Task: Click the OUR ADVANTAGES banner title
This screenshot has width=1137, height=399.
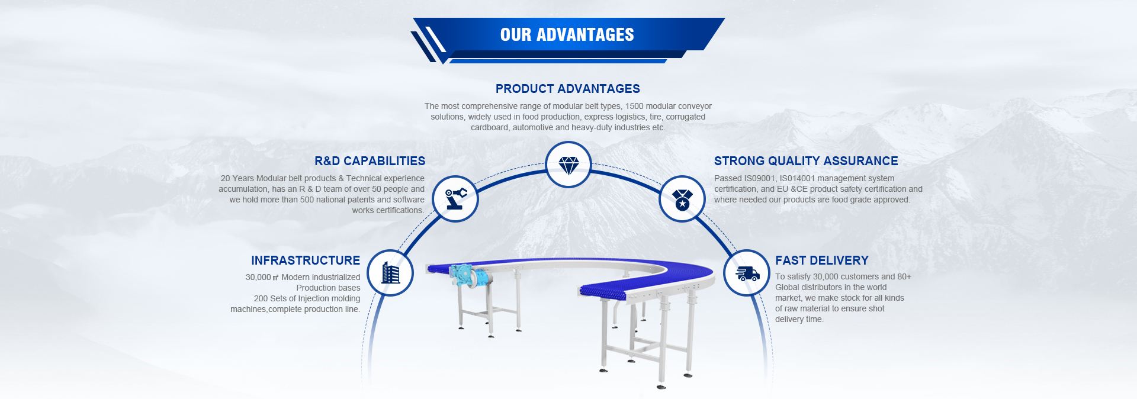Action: tap(567, 35)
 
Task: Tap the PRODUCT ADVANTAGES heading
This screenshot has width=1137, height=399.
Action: tap(568, 89)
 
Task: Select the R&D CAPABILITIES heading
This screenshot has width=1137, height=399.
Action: tap(370, 161)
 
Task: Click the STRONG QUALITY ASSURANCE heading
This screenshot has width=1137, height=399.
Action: tap(806, 161)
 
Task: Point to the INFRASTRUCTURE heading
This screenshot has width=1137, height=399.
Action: tap(306, 260)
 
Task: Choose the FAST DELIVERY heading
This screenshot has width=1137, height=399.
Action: tap(822, 260)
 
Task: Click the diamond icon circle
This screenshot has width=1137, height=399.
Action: tap(568, 165)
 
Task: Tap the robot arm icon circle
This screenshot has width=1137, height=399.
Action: tap(455, 199)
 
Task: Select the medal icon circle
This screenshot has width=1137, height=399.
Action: tap(682, 199)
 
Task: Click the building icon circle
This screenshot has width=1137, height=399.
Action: tap(390, 273)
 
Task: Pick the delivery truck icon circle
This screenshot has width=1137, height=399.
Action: tap(747, 273)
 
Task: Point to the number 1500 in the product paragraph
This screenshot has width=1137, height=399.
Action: tap(634, 107)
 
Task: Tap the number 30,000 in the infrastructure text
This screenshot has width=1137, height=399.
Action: tap(258, 278)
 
